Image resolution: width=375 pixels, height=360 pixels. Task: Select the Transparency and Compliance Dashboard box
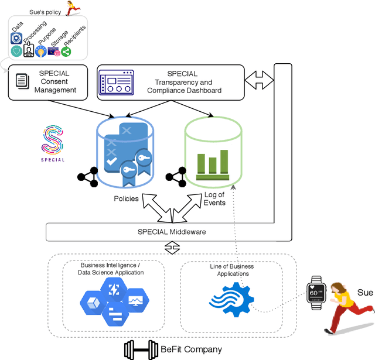[x=170, y=82]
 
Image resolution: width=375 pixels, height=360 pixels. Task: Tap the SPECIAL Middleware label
[x=172, y=232]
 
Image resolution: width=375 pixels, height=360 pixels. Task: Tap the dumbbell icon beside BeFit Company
[x=141, y=349]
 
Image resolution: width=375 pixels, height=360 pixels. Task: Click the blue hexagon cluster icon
[x=114, y=301]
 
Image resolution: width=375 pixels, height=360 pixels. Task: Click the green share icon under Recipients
[x=66, y=52]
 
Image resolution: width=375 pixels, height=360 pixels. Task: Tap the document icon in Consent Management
[x=22, y=81]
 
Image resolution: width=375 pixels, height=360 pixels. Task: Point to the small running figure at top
[x=73, y=7]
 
